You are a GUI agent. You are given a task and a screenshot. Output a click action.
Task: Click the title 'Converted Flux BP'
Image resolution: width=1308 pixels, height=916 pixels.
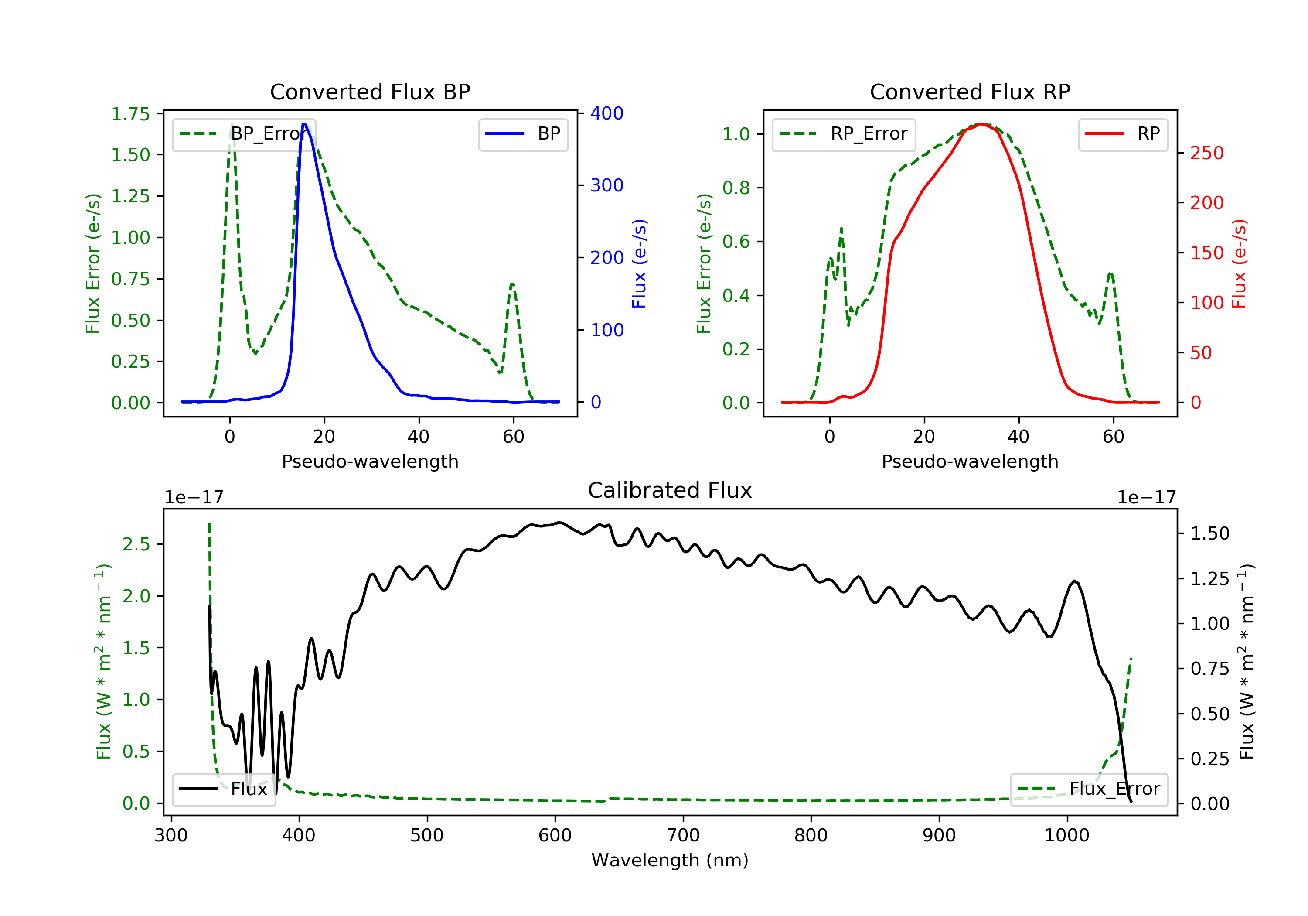tap(370, 92)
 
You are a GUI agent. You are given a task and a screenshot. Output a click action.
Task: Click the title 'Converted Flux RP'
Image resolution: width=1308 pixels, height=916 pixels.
tap(970, 92)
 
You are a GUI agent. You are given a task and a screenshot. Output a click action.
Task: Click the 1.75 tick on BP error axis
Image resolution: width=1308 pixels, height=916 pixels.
tap(130, 114)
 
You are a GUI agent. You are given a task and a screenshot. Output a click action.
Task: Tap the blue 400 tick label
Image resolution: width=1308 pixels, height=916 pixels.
tap(607, 113)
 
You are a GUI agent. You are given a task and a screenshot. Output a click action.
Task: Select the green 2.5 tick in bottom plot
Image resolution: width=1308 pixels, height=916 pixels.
tap(136, 544)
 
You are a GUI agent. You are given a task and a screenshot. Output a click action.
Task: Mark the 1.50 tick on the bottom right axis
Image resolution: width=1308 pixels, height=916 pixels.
tap(1210, 533)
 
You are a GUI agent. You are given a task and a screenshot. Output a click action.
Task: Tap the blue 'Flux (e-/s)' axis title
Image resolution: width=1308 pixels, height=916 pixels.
tap(639, 263)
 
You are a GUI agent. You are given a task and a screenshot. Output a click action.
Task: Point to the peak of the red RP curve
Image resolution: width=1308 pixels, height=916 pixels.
tap(981, 124)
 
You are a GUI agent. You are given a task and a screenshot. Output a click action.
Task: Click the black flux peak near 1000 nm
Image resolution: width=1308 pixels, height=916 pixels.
tap(1074, 581)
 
